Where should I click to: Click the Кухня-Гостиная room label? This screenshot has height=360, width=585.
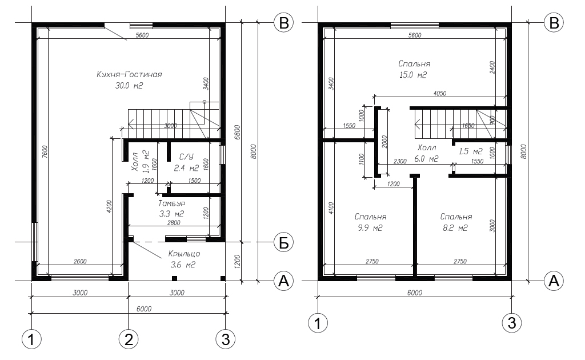coord(129,75)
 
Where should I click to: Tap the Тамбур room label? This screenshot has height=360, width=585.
coord(171,203)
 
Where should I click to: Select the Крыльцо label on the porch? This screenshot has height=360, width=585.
coord(184,254)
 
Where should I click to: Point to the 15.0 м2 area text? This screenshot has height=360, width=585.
coord(413,75)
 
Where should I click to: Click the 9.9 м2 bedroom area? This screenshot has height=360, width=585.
coord(370,228)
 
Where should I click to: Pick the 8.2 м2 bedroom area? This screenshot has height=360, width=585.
coord(455,228)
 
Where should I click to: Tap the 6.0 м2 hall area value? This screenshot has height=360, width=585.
coord(426,159)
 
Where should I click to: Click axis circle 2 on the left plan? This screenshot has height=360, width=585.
coord(129,339)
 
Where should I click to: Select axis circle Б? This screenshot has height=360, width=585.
coord(284,242)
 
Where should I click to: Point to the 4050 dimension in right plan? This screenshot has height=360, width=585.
coord(439,93)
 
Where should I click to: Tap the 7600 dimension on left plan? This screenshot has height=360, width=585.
coord(45,152)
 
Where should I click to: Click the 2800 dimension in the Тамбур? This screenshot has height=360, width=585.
coord(174,223)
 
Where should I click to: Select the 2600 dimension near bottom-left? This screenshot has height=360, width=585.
coord(80,262)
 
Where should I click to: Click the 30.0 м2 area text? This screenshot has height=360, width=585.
coord(129,86)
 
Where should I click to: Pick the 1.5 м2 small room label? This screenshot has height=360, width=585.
coord(471,151)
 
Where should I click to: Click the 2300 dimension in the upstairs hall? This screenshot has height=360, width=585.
coord(400,162)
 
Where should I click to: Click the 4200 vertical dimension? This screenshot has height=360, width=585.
coord(109,206)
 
